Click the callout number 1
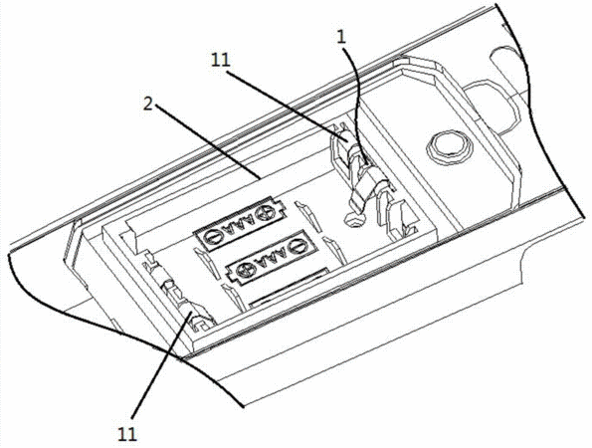pyautogui.click(x=341, y=37)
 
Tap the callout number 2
pyautogui.click(x=148, y=104)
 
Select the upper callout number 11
pyautogui.click(x=221, y=60)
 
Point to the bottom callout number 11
pyautogui.click(x=127, y=435)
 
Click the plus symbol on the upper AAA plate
pyautogui.click(x=262, y=215)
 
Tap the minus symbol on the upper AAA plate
pyautogui.click(x=210, y=238)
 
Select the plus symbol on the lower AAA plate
pyautogui.click(x=242, y=270)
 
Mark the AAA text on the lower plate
pyautogui.click(x=269, y=259)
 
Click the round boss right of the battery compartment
pyautogui.click(x=449, y=147)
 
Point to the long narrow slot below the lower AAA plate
pyautogui.click(x=289, y=284)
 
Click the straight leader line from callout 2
pyautogui.click(x=207, y=142)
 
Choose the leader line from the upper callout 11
pyautogui.click(x=287, y=105)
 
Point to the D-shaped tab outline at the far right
pyautogui.click(x=491, y=107)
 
